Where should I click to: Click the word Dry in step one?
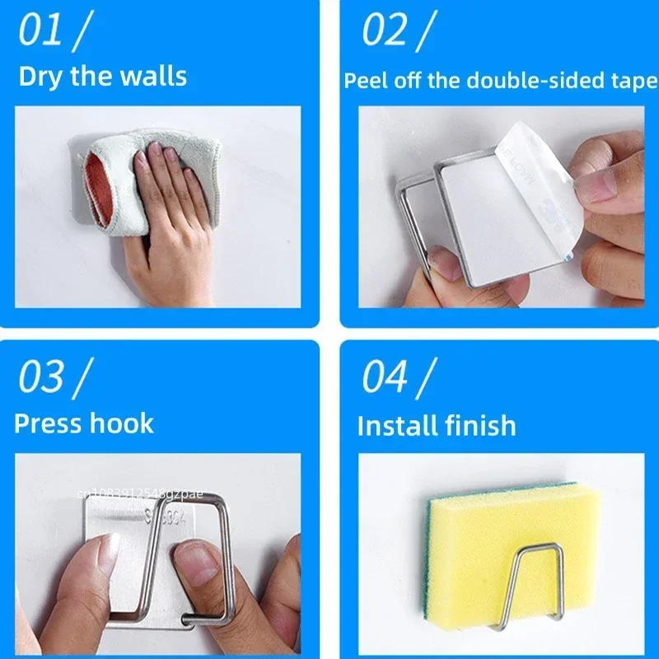pyautogui.click(x=40, y=77)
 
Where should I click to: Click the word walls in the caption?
pyautogui.click(x=152, y=77)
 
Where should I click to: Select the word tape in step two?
pyautogui.click(x=635, y=81)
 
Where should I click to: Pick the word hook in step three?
pyautogui.click(x=124, y=423)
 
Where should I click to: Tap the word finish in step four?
pyautogui.click(x=481, y=426)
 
